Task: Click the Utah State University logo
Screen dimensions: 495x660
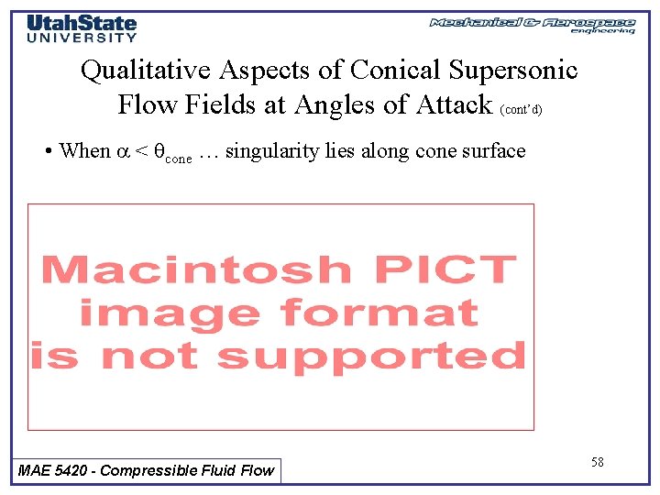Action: pos(82,28)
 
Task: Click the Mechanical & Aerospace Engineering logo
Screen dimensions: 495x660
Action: pos(532,25)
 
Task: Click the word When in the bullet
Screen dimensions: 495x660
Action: pos(83,150)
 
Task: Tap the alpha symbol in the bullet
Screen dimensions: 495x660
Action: pos(122,151)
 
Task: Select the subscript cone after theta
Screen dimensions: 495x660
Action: pos(178,158)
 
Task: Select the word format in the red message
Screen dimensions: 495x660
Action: pos(380,313)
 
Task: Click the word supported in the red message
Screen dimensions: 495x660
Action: pos(372,356)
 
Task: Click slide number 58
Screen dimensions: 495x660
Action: pos(597,462)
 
